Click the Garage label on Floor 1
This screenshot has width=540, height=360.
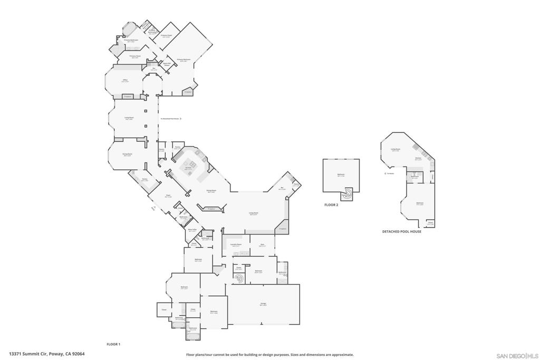tap(263, 304)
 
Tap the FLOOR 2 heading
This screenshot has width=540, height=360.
tap(332, 205)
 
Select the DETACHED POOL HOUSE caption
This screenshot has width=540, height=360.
tap(402, 231)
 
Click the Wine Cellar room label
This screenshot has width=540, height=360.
tap(192, 230)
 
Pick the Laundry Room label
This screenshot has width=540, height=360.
tap(236, 245)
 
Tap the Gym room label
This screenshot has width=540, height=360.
tap(262, 245)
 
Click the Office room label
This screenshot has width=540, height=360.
tap(125, 81)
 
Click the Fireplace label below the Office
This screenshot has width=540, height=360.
tap(127, 96)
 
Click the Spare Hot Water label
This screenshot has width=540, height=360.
tap(166, 64)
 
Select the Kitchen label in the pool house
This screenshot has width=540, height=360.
tap(418, 158)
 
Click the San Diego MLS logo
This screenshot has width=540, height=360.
tap(517, 355)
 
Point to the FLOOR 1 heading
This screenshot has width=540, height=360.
tap(113, 344)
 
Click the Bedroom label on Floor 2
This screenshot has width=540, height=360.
tap(341, 174)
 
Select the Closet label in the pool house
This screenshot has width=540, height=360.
tap(430, 223)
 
